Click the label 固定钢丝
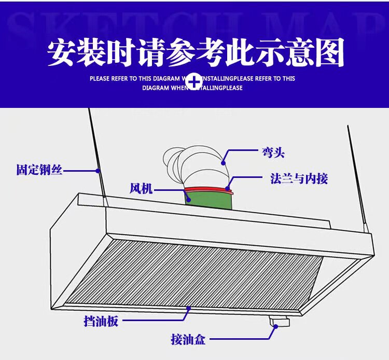coord(39,170)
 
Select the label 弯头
coord(273,153)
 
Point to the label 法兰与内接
coord(299,179)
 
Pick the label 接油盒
coord(188,340)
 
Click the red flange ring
coord(207,189)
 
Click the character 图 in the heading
coord(330,53)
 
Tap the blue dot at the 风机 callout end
coord(189,198)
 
